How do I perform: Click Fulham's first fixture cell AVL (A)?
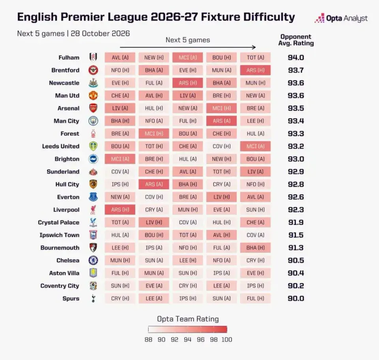point(120,58)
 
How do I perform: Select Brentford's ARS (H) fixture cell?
point(255,70)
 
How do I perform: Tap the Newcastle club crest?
point(93,83)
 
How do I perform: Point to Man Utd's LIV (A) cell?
point(188,96)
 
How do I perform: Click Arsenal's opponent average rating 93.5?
point(296,108)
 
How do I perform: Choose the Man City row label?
point(66,121)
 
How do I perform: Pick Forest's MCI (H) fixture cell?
point(154,133)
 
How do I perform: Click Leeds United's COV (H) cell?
point(221,146)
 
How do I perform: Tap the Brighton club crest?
point(93,159)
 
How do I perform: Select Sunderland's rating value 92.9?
point(296,172)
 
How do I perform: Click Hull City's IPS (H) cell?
point(120,184)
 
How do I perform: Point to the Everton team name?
point(68,197)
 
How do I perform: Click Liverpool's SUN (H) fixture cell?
point(255,210)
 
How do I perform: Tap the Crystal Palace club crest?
point(93,222)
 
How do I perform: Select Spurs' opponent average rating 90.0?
point(296,299)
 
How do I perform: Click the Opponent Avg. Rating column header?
point(296,40)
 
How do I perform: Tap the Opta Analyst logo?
point(341,19)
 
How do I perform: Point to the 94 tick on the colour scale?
point(187,340)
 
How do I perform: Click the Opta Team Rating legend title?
point(188,319)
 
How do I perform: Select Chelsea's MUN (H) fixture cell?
point(120,261)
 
